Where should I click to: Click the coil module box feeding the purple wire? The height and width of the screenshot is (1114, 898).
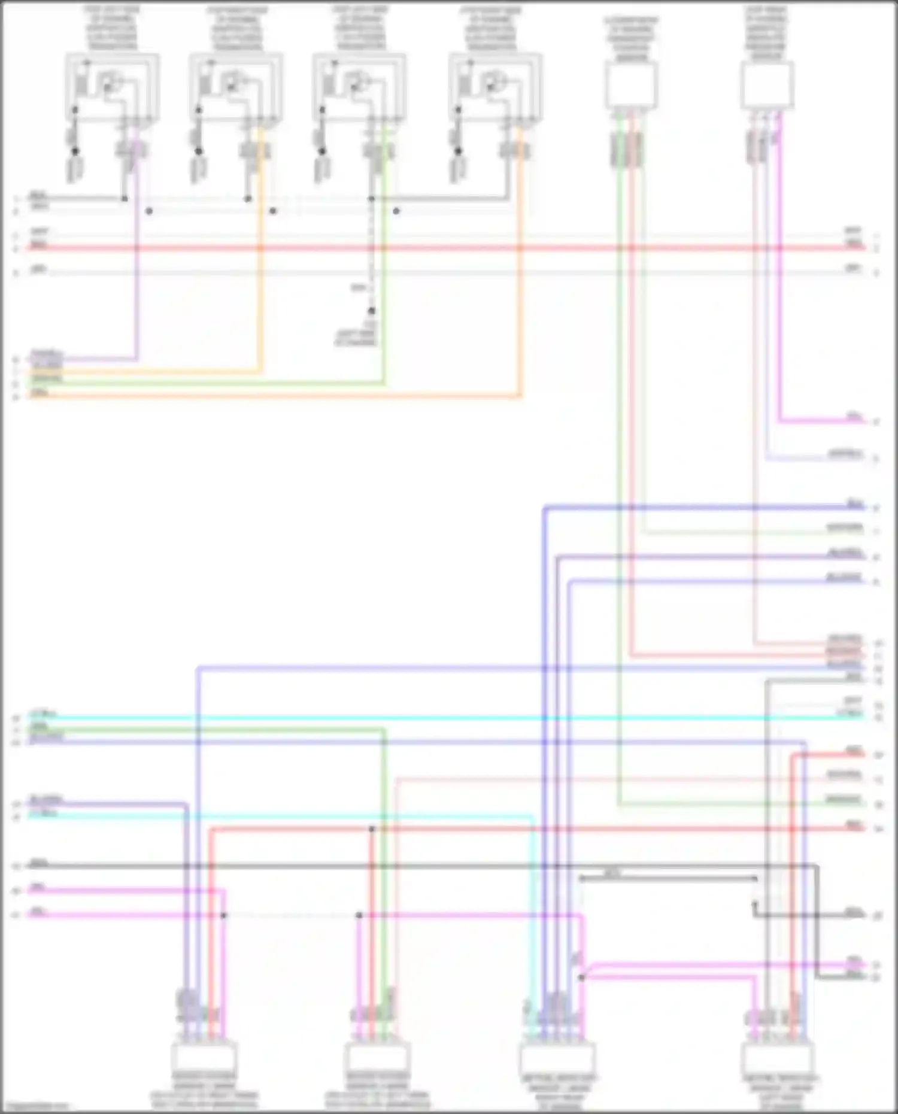pos(112,89)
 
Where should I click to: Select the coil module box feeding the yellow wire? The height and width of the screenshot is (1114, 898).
pos(236,89)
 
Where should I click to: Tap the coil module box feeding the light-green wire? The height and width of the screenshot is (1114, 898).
pos(359,89)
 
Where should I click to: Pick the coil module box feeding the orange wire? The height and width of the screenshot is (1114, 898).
pos(496,89)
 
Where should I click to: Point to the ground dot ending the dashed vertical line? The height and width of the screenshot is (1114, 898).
pos(372,311)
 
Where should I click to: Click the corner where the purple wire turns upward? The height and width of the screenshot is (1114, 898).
pos(138,359)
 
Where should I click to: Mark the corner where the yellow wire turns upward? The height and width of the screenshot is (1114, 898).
pos(260,372)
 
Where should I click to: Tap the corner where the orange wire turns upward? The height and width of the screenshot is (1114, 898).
pos(520,396)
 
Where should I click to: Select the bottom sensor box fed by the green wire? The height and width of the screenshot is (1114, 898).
pos(377,1058)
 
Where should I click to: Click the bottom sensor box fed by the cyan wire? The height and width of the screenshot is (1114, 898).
pos(558,1058)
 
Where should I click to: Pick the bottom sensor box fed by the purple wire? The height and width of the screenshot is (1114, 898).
pos(204,1058)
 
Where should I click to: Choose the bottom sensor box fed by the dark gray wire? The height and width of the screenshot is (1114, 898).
pos(778,1058)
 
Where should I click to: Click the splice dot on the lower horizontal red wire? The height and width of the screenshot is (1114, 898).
pos(372,829)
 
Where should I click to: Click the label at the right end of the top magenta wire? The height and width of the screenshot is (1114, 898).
pos(854,417)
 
